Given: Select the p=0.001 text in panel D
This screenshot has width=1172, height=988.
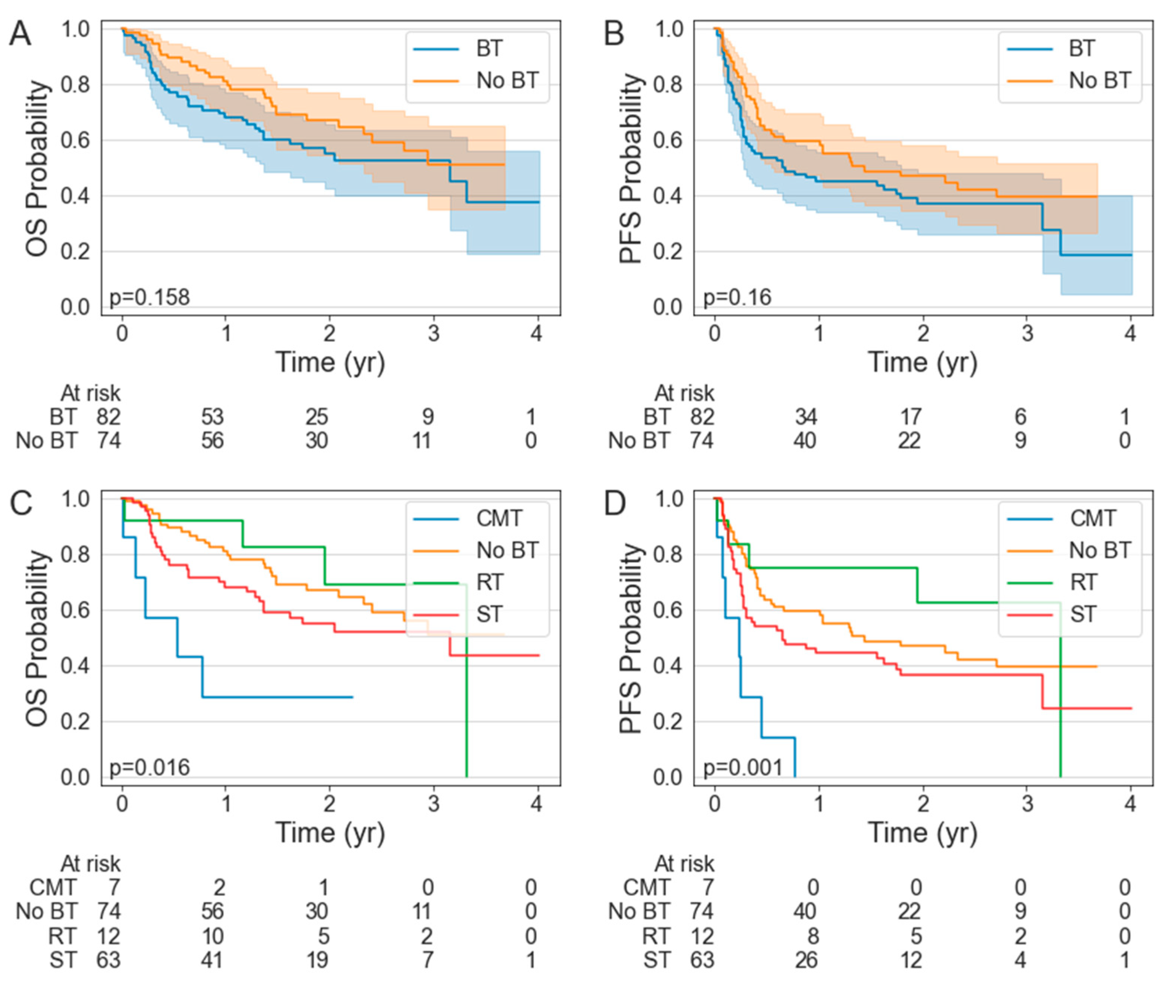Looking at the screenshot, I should [x=743, y=767].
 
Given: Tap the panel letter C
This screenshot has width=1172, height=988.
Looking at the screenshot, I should [x=21, y=503].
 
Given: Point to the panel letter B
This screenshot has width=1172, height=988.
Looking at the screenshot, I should [x=614, y=34].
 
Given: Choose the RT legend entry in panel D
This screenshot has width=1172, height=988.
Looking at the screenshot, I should [x=1084, y=583].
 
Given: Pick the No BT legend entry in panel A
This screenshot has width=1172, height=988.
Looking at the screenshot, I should [x=507, y=81].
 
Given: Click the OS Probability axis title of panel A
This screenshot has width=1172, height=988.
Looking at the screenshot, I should [x=37, y=168].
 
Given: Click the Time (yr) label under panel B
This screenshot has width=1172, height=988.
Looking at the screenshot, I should [x=922, y=362].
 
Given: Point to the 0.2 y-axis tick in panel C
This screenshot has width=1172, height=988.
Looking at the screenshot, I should [x=75, y=722].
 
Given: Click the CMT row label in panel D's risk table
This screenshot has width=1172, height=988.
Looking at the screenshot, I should [x=646, y=887].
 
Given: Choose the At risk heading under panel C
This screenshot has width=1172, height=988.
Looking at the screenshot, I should [x=91, y=864].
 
